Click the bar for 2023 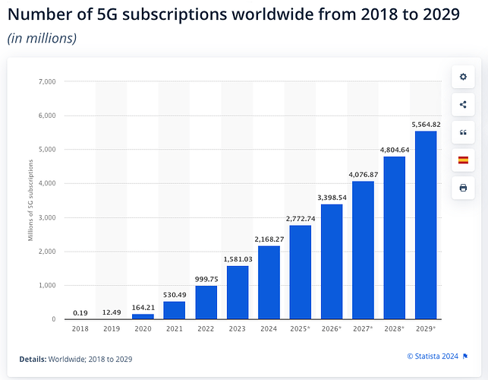point(238,292)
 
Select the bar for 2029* point(426,225)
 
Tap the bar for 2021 point(175,310)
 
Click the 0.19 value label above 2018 point(80,312)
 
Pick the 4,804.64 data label point(394,149)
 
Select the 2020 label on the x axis point(143,329)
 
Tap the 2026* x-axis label point(332,329)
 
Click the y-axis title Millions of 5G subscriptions point(30,200)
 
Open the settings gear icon point(463,77)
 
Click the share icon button point(463,105)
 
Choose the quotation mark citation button point(463,132)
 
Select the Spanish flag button point(463,160)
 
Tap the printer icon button point(463,187)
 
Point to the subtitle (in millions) point(42,38)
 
